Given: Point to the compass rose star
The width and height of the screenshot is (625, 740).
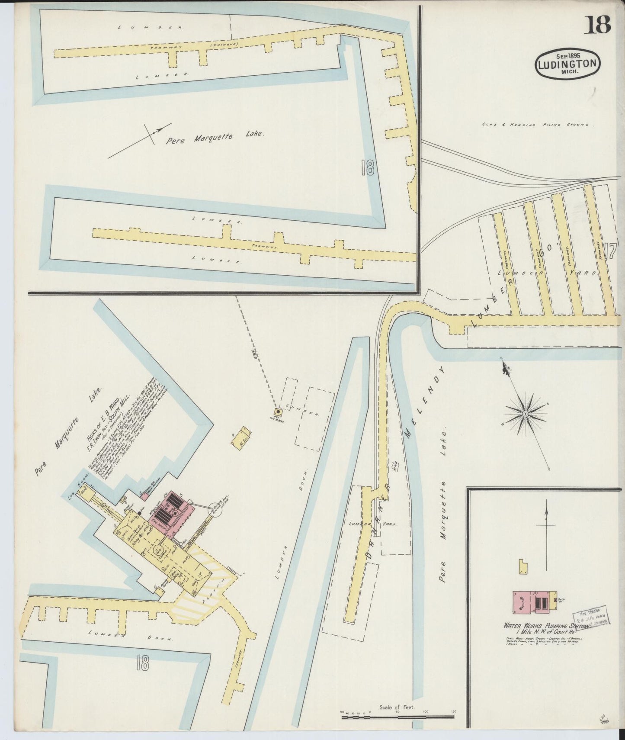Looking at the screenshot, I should click(x=525, y=414).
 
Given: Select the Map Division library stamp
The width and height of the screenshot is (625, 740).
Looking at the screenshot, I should click(x=590, y=618).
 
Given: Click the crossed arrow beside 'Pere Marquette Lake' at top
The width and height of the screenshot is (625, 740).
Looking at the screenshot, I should click(x=153, y=133).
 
